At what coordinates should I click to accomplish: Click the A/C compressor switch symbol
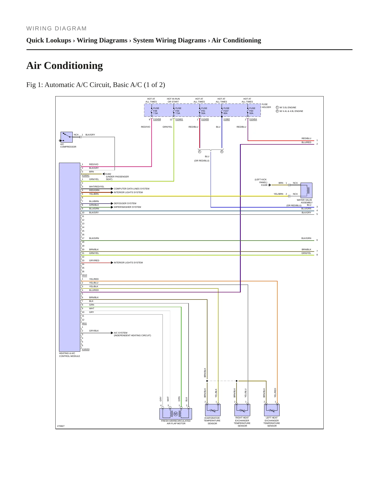pos(67,137)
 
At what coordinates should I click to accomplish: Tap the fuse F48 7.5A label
pos(156,111)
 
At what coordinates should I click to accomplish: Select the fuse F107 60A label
pos(226,111)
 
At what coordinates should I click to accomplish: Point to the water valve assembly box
pos(306,190)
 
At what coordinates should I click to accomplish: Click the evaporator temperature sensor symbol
pos(213,410)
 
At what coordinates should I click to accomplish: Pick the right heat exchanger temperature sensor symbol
pos(242,410)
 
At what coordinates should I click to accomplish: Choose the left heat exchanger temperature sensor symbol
pos(272,410)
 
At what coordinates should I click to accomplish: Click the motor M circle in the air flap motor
pos(176,414)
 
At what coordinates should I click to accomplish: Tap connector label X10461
pos(179,119)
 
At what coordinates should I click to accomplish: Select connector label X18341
pos(86,176)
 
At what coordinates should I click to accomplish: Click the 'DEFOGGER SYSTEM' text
pos(125,203)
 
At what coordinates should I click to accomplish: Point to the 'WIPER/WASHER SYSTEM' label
pos(127,207)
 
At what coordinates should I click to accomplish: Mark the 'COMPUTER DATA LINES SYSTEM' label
pos(132,189)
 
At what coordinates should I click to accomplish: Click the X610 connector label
pos(84,275)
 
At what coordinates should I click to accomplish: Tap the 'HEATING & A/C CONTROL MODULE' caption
pos(70,355)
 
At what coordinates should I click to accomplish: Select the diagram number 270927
pos(61,426)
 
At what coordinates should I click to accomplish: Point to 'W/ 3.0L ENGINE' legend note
pos(288,107)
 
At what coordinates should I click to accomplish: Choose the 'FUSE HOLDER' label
pos(266,106)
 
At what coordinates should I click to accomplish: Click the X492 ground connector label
pos(108,174)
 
